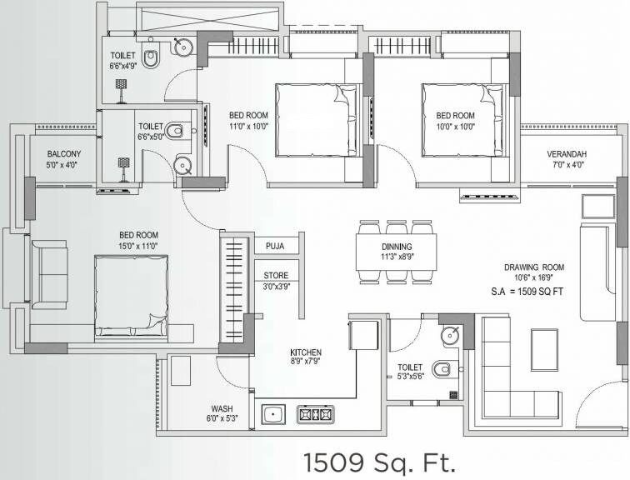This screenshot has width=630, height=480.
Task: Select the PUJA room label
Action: tap(276, 246)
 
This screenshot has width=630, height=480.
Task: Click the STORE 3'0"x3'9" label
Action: tap(276, 281)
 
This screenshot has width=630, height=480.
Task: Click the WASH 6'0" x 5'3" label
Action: tap(222, 413)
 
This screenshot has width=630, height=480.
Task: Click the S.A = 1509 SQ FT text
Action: tap(533, 293)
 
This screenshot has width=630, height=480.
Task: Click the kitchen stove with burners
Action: tap(315, 412)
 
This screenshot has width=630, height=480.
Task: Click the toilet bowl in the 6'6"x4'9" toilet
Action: tap(151, 58)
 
